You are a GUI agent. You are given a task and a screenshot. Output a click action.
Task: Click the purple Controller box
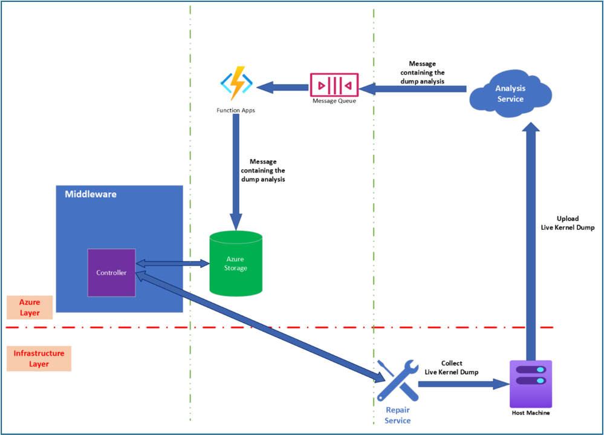(111, 272)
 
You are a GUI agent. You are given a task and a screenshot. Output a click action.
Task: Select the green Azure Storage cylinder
(235, 264)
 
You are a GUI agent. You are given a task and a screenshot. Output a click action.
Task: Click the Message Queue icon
(334, 85)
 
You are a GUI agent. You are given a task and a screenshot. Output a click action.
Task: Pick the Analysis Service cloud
(510, 93)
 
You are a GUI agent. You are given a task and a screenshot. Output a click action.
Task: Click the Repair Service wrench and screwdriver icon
(397, 381)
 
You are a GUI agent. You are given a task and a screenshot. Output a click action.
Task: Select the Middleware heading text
(91, 194)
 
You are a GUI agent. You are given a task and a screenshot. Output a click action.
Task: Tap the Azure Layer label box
(30, 307)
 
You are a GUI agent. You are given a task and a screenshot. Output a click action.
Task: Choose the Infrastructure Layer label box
(39, 359)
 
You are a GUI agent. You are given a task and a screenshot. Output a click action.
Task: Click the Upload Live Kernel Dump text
(567, 223)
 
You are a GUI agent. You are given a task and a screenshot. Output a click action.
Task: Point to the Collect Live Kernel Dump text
(451, 368)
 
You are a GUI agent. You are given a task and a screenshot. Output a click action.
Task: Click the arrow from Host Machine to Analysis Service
(530, 242)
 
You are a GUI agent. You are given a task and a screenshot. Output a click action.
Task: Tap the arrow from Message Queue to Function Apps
(283, 88)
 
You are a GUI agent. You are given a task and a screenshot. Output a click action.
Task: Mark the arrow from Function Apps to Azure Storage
(235, 169)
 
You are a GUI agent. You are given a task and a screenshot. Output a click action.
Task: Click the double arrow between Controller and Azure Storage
(172, 263)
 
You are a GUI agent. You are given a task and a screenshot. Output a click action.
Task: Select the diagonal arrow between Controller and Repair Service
(260, 327)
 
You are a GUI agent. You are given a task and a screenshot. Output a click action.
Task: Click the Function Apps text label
(235, 111)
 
